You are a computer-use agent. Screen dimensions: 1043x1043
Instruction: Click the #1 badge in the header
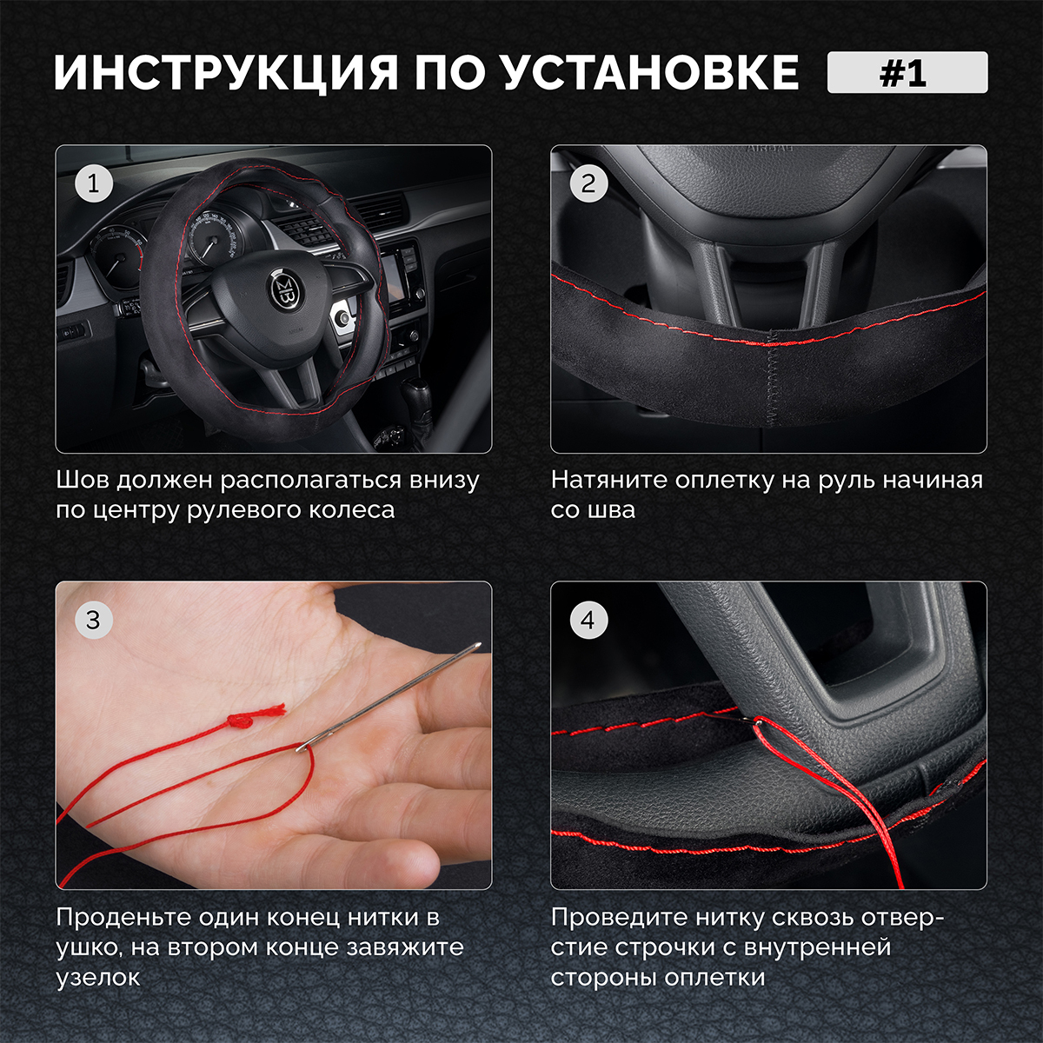[907, 72]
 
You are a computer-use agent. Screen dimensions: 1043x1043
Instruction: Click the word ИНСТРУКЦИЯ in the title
[226, 72]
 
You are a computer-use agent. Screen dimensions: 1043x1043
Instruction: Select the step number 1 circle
[94, 183]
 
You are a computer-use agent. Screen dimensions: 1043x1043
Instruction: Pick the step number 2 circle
[588, 183]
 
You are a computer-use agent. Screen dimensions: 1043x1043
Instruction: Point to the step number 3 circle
[94, 620]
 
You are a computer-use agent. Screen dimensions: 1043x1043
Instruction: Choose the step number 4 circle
[588, 620]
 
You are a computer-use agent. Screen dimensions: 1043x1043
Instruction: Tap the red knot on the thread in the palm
[238, 721]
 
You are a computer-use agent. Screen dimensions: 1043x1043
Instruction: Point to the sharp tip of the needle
[479, 644]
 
